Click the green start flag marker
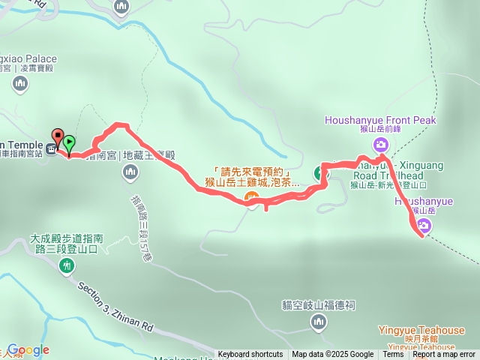point(69,141)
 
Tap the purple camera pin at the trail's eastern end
point(421,231)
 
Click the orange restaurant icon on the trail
point(253,199)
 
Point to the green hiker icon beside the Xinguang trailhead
point(322,173)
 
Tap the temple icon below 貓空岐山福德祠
point(319,322)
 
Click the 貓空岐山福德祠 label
point(319,305)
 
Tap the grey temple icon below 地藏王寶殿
point(130,173)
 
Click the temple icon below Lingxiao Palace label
point(19,83)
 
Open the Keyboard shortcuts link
point(250,355)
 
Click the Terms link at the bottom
point(393,355)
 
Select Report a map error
point(444,355)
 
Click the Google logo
point(28,350)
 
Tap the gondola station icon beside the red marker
point(50,148)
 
